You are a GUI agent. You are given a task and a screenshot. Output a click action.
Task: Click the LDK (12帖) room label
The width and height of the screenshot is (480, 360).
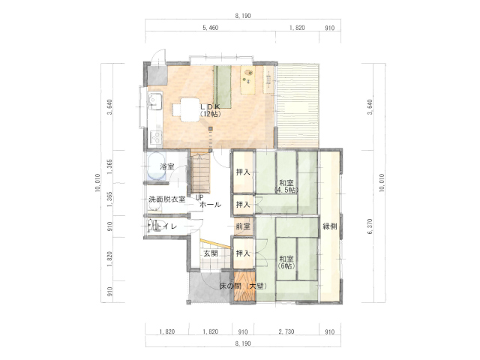(210, 110)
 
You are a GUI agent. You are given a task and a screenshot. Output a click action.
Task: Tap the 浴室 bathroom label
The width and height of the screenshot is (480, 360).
(167, 166)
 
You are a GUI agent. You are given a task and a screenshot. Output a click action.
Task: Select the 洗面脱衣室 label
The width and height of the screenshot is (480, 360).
(166, 199)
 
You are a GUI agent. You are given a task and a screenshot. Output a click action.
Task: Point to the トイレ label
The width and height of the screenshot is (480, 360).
(167, 226)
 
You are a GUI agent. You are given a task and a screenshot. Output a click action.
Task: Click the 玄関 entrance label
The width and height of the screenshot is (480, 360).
(211, 253)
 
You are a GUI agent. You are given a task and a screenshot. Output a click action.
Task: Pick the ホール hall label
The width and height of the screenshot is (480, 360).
(210, 205)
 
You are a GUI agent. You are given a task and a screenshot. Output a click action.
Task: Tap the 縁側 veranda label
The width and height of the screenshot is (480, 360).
(330, 226)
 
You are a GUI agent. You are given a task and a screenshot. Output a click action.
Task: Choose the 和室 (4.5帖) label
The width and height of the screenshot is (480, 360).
(286, 186)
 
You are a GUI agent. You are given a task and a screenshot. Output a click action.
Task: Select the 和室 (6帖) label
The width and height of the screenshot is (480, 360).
(286, 262)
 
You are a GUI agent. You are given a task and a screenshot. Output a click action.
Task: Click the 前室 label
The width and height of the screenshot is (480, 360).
(243, 226)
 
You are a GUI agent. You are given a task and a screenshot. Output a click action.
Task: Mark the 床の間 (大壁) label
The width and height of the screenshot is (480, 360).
(243, 286)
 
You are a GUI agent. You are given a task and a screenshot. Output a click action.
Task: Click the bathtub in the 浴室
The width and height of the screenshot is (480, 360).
(157, 166)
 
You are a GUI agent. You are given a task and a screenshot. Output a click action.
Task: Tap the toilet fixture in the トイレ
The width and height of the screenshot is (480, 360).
(155, 226)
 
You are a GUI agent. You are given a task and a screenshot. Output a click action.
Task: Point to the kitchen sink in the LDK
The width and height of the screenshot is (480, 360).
(155, 101)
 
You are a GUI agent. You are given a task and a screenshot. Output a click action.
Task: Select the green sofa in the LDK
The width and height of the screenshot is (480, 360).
(222, 87)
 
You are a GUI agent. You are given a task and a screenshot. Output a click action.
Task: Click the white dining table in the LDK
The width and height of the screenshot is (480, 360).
(190, 110)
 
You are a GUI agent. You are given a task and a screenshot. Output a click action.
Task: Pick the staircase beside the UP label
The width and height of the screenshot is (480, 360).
(200, 173)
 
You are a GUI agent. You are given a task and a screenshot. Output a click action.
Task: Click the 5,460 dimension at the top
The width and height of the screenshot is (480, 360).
(211, 28)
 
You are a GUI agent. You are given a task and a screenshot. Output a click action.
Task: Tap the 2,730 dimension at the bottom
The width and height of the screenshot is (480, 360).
(286, 331)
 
